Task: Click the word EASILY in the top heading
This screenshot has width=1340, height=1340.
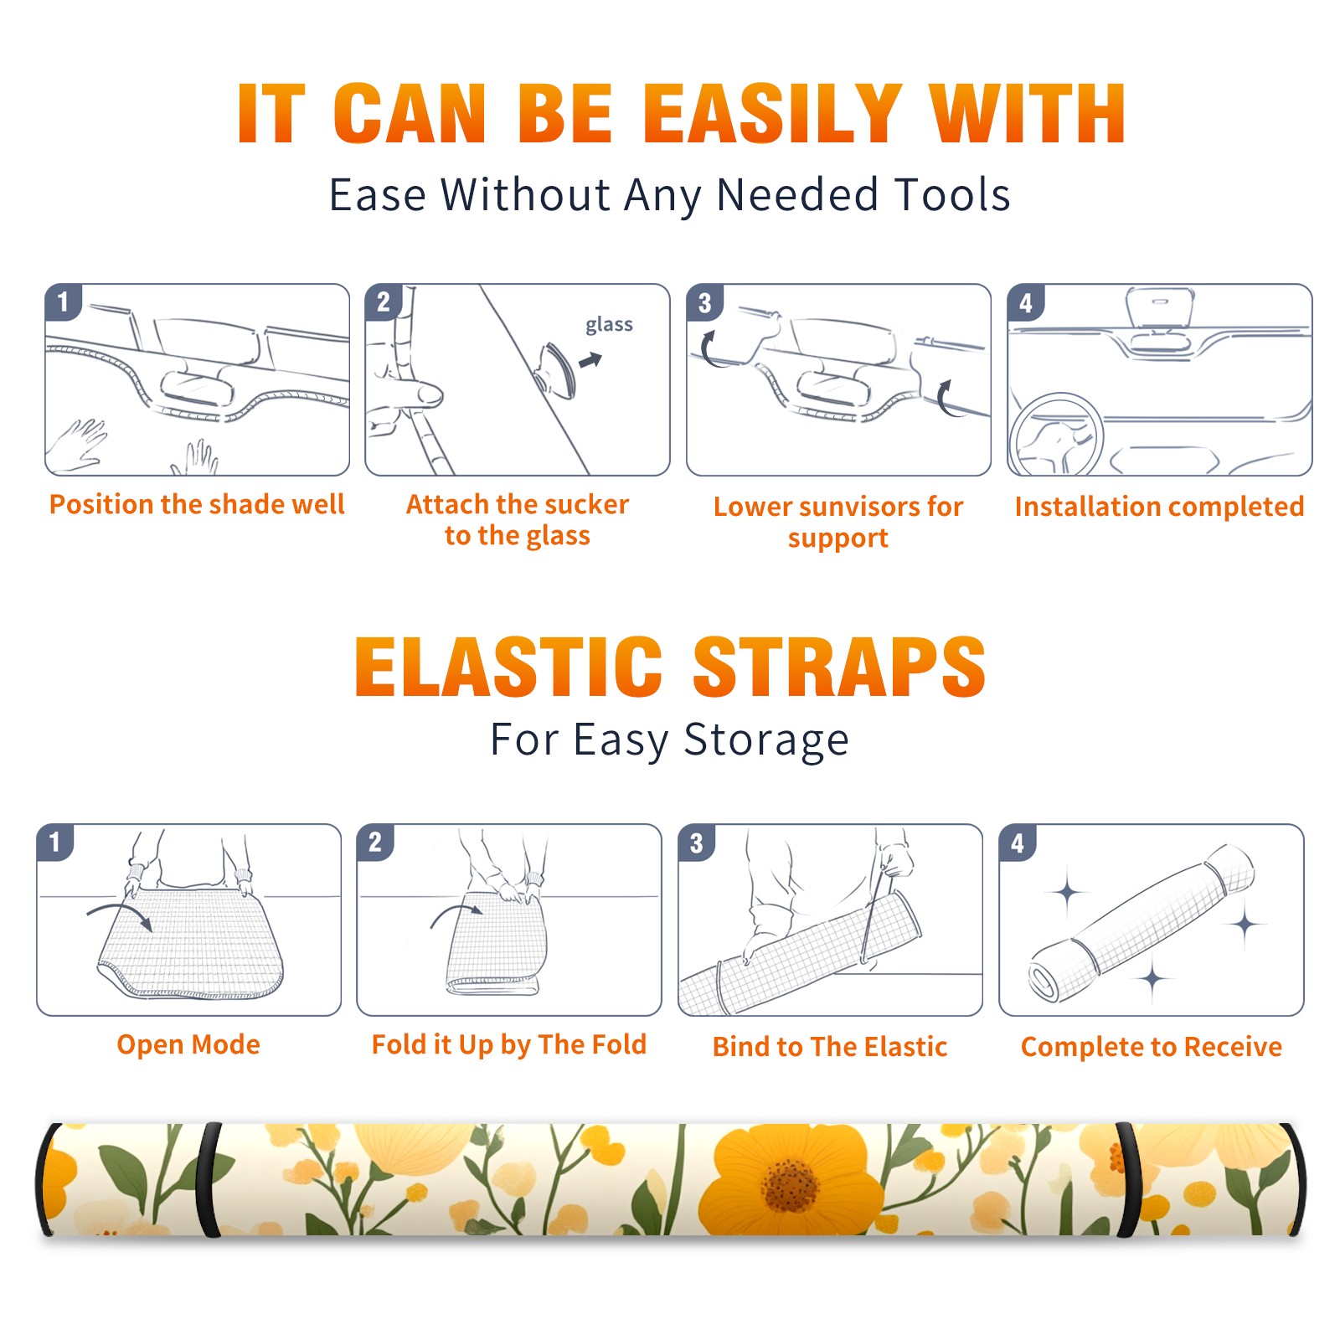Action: coord(772,113)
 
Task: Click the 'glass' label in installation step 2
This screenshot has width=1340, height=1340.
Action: coord(609,325)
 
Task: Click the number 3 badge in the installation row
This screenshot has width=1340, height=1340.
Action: coord(704,302)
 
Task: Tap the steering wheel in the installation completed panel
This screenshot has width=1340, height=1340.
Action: coord(1056,435)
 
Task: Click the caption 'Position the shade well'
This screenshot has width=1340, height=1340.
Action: coord(197,504)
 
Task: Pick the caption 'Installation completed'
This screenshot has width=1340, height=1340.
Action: coord(1159,507)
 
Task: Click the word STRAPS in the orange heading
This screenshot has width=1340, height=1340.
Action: coord(839,667)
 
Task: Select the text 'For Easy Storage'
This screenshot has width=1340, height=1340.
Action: coord(669,740)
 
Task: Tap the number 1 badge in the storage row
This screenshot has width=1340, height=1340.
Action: coord(55,843)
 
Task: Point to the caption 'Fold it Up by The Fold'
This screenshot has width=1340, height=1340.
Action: coord(509,1045)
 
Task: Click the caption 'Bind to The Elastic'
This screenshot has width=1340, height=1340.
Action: coord(830,1047)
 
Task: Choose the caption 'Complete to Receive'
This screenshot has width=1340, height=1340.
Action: coord(1152,1047)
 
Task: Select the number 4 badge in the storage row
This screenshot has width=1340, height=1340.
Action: coord(1018,843)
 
